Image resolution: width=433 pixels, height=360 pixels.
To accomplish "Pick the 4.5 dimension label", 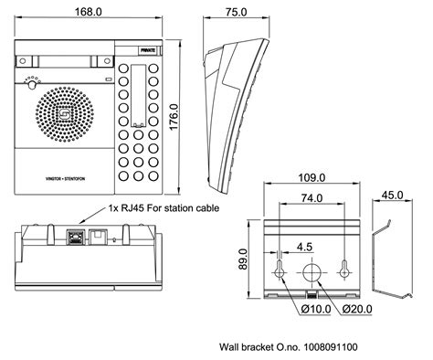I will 305,245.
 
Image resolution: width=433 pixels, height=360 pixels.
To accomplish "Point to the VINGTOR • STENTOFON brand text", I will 67,170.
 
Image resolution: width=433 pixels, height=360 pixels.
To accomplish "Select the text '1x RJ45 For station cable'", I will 164,207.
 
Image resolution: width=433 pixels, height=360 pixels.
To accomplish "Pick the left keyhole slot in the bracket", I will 279,269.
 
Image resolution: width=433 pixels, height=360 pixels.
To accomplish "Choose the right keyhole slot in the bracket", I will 345,269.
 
